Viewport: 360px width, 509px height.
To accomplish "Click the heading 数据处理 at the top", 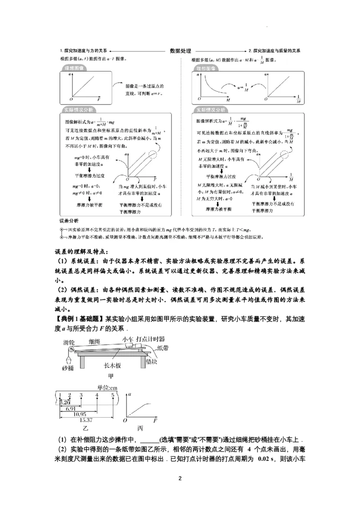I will click(x=180, y=51).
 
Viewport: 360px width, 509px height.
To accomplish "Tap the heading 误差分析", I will click(x=69, y=221).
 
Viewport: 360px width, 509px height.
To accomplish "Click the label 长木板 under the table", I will click(x=112, y=366).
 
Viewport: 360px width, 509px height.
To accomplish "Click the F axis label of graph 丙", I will click(x=155, y=420).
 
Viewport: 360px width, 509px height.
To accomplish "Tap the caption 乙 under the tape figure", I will click(x=85, y=429).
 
